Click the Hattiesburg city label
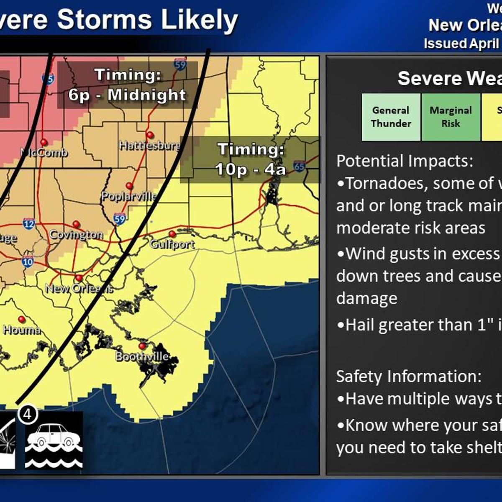[149, 146]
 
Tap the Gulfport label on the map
[172, 244]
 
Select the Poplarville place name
[129, 196]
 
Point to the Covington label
[76, 234]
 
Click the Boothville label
[142, 356]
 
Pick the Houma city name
[22, 330]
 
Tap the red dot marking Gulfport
[172, 233]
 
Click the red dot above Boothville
[142, 346]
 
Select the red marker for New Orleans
[79, 278]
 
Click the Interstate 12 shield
[29, 224]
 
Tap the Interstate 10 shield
[28, 262]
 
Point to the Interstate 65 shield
[299, 166]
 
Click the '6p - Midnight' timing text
[127, 95]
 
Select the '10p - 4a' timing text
[250, 169]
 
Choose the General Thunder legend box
[391, 117]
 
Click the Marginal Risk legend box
[451, 117]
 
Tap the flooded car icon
[54, 441]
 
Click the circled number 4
[28, 414]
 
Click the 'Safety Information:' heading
[408, 376]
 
